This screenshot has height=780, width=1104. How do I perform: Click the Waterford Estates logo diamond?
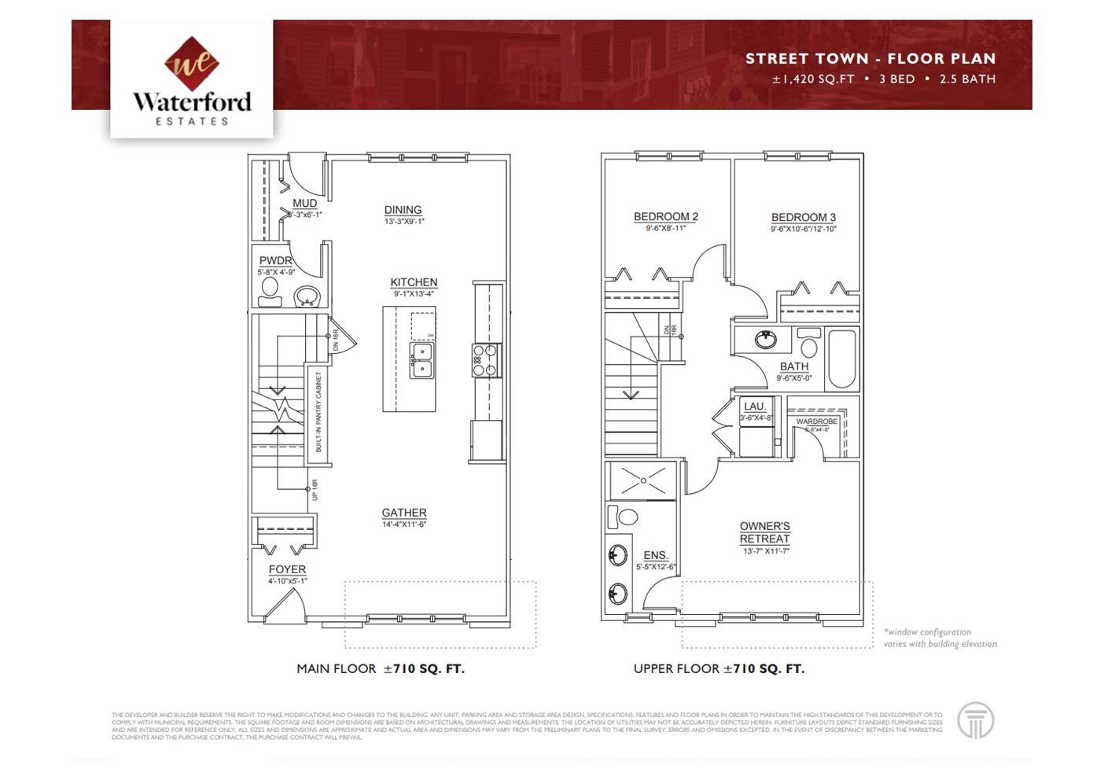coord(191,64)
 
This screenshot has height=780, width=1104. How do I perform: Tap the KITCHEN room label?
coord(414,282)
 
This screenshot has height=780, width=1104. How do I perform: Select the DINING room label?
coord(403,210)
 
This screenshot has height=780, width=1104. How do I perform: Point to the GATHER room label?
coord(404,513)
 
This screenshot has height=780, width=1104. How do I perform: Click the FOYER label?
coord(287,569)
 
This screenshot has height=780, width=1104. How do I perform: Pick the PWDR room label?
coord(275,261)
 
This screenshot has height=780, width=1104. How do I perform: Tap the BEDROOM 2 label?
coord(666,217)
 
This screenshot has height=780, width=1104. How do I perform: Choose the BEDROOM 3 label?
coord(803,218)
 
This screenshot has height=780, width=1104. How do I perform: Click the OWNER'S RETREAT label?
coord(764,532)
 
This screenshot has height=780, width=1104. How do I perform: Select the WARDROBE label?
coord(816,422)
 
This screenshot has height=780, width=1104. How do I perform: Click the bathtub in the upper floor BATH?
coord(841,359)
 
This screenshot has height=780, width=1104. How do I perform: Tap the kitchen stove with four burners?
coord(486,360)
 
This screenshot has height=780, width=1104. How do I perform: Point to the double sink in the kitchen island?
coord(422,359)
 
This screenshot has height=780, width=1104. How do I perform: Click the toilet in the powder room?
coord(270,292)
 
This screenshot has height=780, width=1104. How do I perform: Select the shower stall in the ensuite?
coord(642,479)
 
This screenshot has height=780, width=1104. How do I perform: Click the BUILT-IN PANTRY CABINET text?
coord(318,411)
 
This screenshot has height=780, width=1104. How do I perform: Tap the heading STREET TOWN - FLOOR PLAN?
coord(870,59)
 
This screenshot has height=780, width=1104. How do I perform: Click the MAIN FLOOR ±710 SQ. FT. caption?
coord(380,669)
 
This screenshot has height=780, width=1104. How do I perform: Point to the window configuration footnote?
coord(939,638)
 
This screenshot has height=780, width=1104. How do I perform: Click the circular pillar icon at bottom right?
coord(975,720)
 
